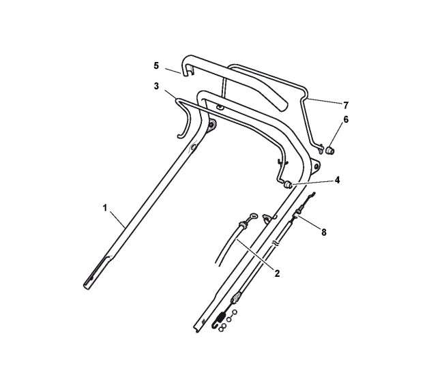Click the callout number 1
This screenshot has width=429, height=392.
tap(105, 208)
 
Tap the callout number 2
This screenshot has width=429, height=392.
tap(277, 273)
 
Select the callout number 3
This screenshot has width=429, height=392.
tap(156, 86)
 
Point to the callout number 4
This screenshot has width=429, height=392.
tap(337, 180)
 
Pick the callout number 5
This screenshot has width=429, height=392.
tap(156, 65)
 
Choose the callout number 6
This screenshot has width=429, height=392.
tap(346, 119)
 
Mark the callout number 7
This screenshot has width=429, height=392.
tap(346, 105)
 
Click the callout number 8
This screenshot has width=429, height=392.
tap(324, 232)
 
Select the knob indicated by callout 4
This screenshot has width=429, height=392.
tap(288, 185)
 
